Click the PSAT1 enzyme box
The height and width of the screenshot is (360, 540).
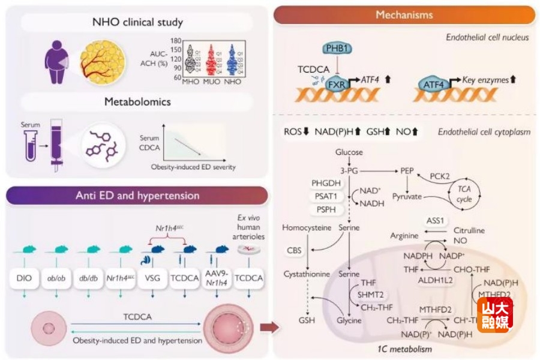tap(326, 196)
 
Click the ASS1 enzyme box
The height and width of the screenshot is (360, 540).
tap(435, 220)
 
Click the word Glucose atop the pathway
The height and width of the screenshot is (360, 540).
tap(349, 152)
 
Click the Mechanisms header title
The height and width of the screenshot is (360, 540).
tap(404, 14)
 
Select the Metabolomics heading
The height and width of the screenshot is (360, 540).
tap(137, 101)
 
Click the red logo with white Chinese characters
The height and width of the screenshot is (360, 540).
tap(494, 314)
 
